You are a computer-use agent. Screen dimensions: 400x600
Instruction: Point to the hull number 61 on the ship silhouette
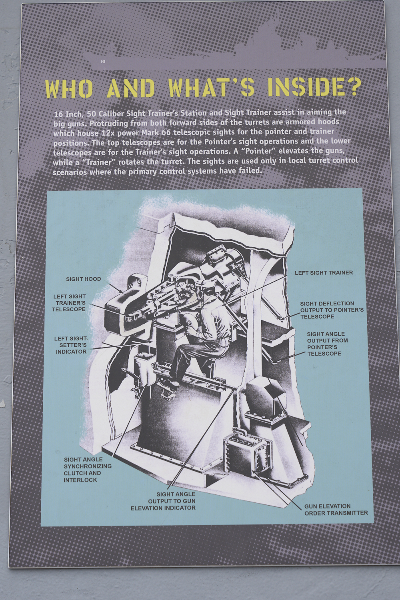(103, 62)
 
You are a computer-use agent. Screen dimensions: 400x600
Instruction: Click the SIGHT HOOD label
(84, 279)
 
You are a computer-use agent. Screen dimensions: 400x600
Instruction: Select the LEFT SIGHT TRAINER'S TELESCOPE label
(69, 303)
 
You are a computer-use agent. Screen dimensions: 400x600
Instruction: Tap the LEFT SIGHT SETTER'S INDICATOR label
(71, 345)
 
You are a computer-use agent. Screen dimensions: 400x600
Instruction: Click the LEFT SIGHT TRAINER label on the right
(324, 273)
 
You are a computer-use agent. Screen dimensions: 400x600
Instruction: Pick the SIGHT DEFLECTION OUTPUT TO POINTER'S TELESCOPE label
(332, 310)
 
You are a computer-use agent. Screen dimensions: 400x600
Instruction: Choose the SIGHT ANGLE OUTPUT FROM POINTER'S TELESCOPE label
(327, 344)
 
